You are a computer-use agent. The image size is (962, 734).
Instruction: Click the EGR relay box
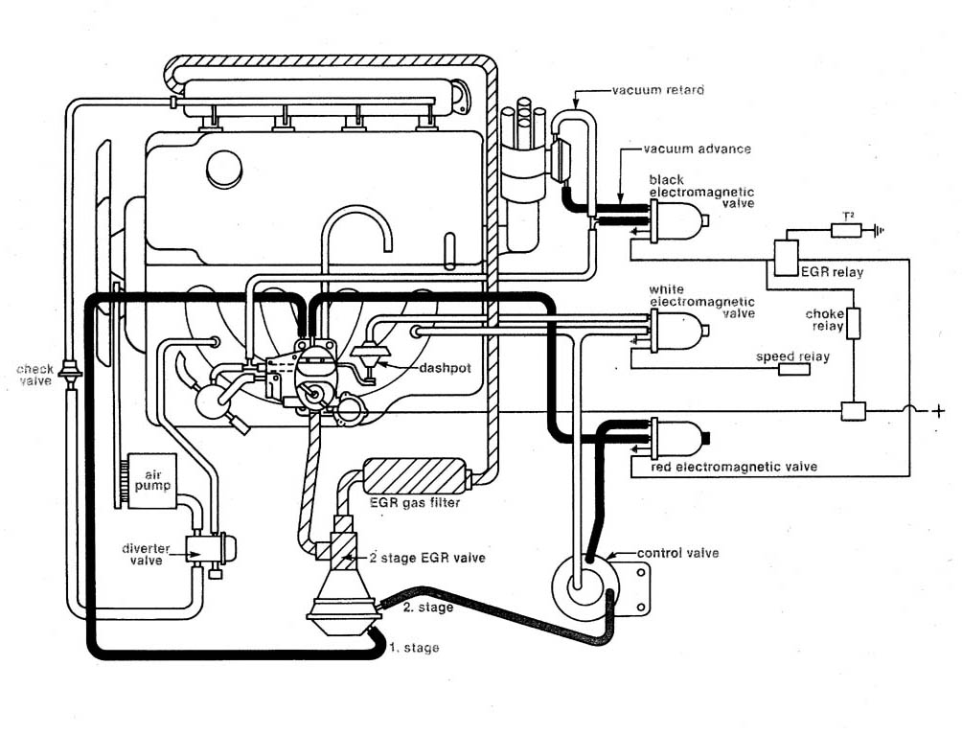(x=787, y=255)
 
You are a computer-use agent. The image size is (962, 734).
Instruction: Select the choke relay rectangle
(x=854, y=323)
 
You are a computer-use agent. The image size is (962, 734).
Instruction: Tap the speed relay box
(x=794, y=370)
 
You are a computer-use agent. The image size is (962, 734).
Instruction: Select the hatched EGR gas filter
(x=414, y=476)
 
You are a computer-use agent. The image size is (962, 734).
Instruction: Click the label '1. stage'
(x=414, y=648)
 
